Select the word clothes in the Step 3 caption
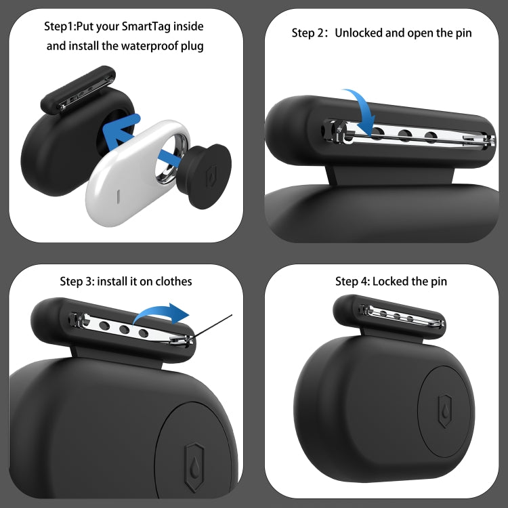pos(171,280)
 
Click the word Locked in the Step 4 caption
pos(390,280)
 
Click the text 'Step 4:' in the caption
pos(352,280)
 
